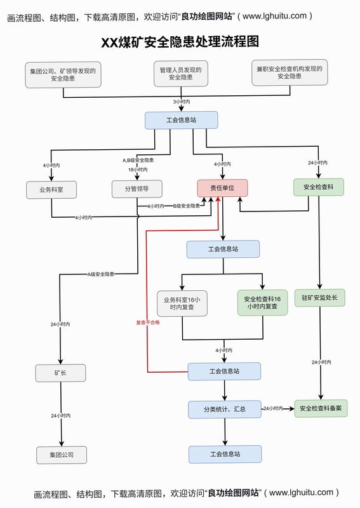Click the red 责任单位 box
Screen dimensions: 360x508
pyautogui.click(x=222, y=188)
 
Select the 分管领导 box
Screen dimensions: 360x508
pyautogui.click(x=137, y=189)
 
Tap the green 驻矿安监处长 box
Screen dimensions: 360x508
pyautogui.click(x=319, y=297)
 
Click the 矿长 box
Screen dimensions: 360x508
pyautogui.click(x=60, y=373)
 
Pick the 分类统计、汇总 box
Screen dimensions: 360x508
pyautogui.click(x=225, y=409)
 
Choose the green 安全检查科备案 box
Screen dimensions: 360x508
pyautogui.click(x=321, y=408)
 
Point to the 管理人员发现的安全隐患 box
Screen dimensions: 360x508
pyautogui.click(x=180, y=74)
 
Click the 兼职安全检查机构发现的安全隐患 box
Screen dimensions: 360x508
pyautogui.click(x=290, y=72)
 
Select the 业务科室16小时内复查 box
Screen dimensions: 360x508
pyautogui.click(x=182, y=304)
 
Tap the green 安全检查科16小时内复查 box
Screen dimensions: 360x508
pyautogui.click(x=262, y=303)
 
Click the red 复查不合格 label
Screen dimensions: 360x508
pyautogui.click(x=148, y=323)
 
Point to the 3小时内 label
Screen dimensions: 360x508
pyautogui.click(x=182, y=102)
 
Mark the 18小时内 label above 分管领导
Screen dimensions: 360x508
pyautogui.click(x=138, y=170)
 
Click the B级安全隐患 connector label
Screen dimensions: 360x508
pyautogui.click(x=186, y=206)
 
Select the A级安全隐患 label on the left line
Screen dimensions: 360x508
pyautogui.click(x=101, y=274)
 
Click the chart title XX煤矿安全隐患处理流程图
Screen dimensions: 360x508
pyautogui.click(x=180, y=42)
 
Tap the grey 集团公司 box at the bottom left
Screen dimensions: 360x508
pyautogui.click(x=61, y=455)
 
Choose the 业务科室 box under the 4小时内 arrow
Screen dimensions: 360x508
pyautogui.click(x=51, y=190)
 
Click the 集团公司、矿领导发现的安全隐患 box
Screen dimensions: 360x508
pyautogui.click(x=63, y=75)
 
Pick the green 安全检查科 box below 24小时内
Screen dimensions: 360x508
pyautogui.click(x=319, y=187)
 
